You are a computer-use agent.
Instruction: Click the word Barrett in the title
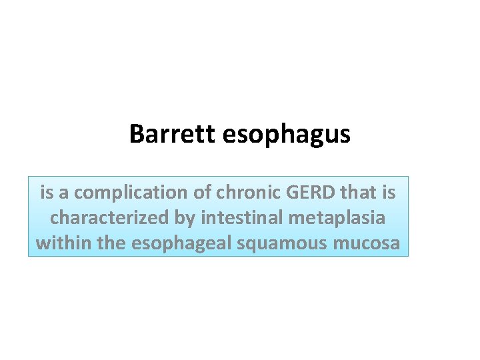173,134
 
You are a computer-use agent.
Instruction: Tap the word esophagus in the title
286,135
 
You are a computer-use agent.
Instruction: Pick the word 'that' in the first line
359,193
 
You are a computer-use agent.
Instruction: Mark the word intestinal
244,218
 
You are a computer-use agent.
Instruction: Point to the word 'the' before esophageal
112,243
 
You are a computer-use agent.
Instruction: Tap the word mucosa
367,243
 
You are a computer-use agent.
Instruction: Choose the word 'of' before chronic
203,193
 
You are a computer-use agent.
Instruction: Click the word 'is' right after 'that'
388,193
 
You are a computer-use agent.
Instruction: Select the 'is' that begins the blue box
47,193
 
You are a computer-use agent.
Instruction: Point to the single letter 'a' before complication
65,193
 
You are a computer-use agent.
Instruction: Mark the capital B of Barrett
136,134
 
